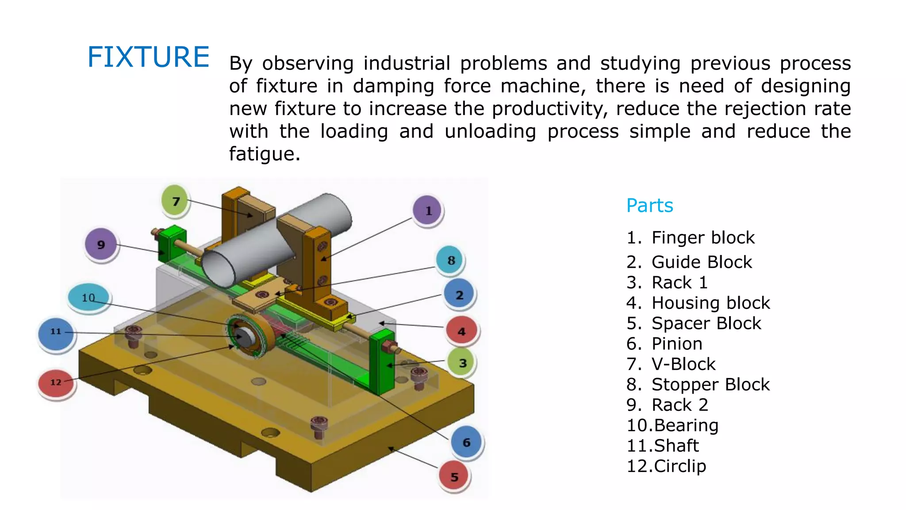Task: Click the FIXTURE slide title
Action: coord(148,57)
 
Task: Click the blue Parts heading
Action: coord(649,205)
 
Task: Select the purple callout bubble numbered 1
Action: coord(428,211)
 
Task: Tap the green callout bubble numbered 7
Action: coord(176,201)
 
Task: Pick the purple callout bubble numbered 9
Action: coord(101,244)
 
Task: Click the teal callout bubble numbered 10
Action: coord(88,297)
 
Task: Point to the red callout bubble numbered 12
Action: coord(56,382)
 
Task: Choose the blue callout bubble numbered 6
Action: coord(466,442)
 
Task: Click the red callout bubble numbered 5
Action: coord(454,477)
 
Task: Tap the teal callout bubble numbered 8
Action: coord(451,260)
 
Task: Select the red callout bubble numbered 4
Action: coord(461,331)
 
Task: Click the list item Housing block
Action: coord(710,303)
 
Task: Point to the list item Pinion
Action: coord(677,344)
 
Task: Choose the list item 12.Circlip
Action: coord(666,466)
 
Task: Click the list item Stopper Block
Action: coord(710,384)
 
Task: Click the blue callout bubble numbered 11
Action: coord(56,332)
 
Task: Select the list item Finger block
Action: coord(703,238)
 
